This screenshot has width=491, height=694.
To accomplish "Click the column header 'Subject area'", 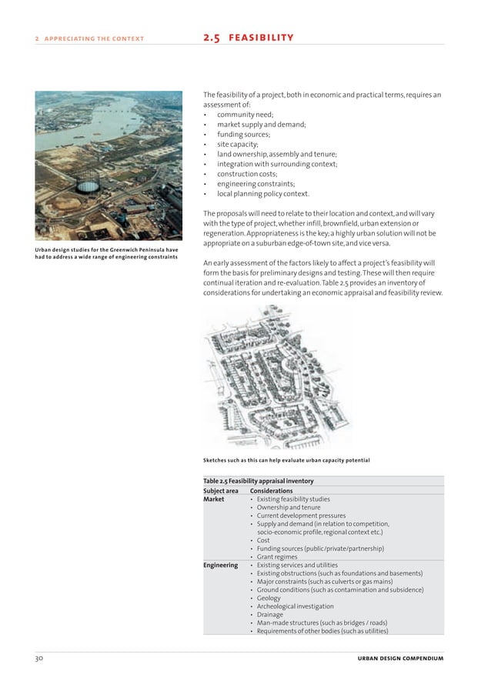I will [221, 491].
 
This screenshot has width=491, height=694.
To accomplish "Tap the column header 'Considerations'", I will [272, 491].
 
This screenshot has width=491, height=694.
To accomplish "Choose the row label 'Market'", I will [214, 499].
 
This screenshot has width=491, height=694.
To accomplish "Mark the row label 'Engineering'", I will [221, 565].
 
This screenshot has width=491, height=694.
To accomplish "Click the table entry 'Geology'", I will [269, 598].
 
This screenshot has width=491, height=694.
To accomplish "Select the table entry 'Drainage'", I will [270, 615].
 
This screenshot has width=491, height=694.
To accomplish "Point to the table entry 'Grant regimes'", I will [277, 556].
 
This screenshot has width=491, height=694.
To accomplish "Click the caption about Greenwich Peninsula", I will [107, 252].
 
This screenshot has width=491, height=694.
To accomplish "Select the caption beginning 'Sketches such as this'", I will [286, 461].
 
